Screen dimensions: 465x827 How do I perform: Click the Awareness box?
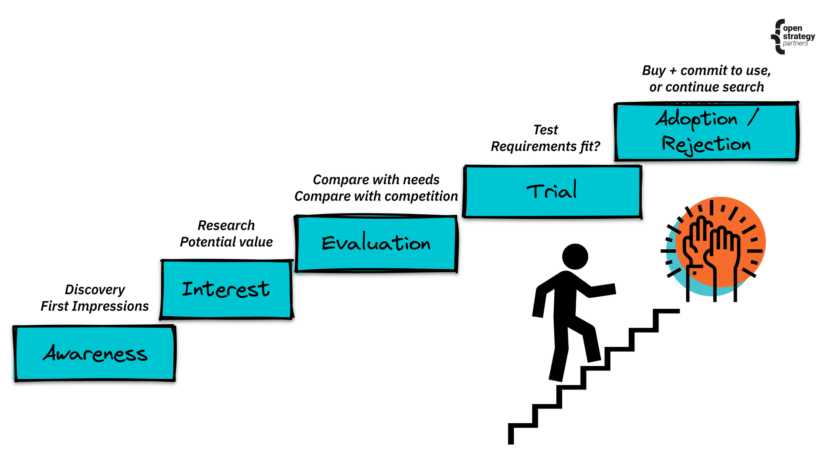(x=95, y=354)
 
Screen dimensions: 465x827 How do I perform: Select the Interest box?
(x=226, y=289)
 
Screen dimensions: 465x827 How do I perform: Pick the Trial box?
(x=552, y=192)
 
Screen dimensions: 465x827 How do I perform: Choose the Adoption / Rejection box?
(x=706, y=131)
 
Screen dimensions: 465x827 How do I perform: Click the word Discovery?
(x=95, y=289)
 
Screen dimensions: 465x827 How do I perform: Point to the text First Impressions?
(x=95, y=306)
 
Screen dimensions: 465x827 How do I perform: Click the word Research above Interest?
(x=226, y=225)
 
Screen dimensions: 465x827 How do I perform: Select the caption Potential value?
(x=226, y=242)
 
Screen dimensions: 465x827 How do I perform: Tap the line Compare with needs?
(x=376, y=179)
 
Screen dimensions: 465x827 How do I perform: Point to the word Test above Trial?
(x=546, y=130)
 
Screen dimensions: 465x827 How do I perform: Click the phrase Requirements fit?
(x=546, y=147)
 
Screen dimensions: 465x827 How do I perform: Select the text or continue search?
(x=706, y=87)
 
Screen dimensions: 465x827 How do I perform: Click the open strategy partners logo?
(x=793, y=37)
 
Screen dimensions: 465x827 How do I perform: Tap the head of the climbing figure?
(x=575, y=257)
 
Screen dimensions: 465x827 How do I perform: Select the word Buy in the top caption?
(x=654, y=71)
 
